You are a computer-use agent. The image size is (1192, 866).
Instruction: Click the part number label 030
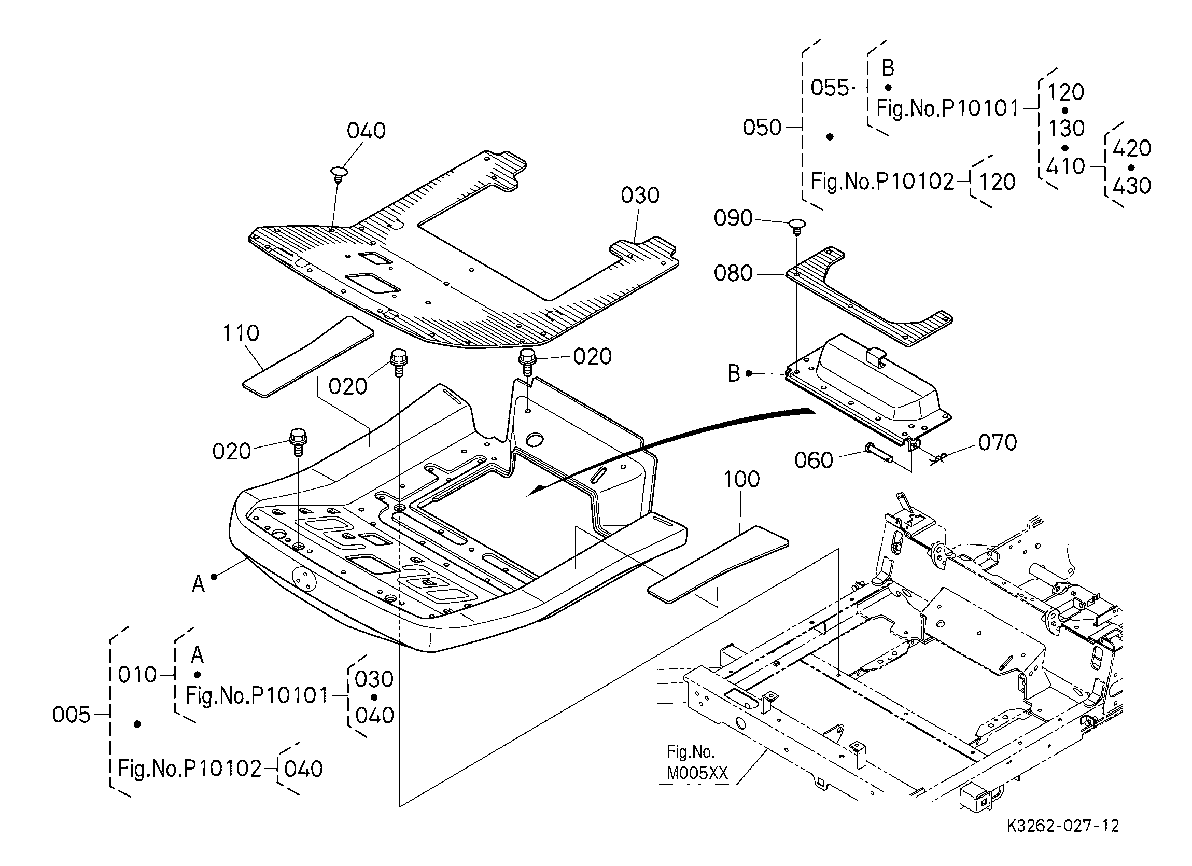click(x=640, y=195)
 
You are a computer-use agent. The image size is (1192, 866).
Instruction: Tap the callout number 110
click(x=241, y=333)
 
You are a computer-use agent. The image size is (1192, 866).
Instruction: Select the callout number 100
click(x=741, y=480)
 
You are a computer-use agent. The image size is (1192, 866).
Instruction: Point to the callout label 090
click(x=733, y=218)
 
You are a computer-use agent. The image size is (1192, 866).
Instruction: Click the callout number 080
click(x=733, y=273)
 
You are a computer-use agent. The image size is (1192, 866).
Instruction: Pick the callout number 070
click(x=998, y=443)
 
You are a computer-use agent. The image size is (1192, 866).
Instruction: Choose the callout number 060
click(x=814, y=460)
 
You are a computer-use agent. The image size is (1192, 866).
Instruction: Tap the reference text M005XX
click(x=697, y=774)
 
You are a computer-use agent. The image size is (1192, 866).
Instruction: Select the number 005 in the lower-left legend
click(x=72, y=715)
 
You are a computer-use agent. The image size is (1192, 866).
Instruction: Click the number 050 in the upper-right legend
click(x=762, y=128)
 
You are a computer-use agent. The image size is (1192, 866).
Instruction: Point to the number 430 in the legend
click(x=1132, y=186)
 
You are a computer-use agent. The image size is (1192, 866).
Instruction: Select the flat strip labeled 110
click(x=308, y=356)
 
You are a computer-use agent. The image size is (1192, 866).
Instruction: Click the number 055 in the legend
click(x=830, y=88)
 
